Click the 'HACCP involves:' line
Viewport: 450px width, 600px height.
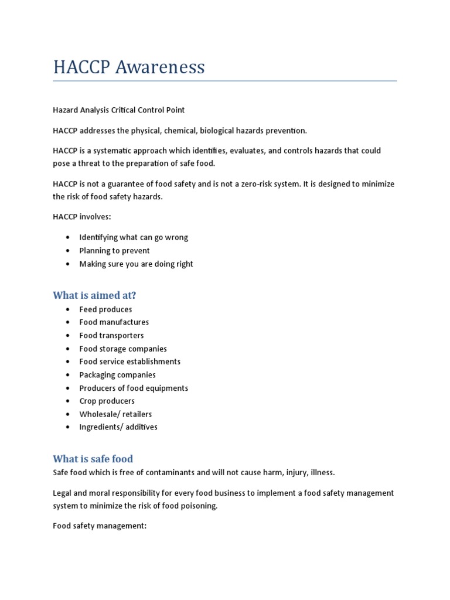[81, 217]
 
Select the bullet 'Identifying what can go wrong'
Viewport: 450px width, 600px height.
[134, 237]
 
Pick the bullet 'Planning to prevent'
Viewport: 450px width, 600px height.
[114, 251]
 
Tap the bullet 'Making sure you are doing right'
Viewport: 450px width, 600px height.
[136, 264]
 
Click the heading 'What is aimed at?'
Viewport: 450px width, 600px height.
[98, 295]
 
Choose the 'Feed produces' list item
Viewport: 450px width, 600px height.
[105, 309]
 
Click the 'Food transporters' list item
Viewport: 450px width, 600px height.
[111, 335]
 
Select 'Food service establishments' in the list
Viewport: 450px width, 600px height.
[129, 362]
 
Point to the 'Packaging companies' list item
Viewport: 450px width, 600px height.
[117, 375]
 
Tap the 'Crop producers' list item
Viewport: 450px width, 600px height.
[107, 401]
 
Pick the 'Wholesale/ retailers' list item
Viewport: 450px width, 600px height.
[115, 414]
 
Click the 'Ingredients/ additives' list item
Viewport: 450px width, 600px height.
[118, 427]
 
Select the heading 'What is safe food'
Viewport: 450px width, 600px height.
[93, 458]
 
